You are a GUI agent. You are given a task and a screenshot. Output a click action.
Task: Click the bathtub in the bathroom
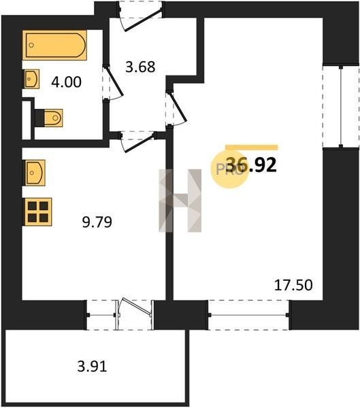(x=54, y=45)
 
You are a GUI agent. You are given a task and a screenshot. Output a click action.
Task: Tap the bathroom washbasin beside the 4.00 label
(x=32, y=79)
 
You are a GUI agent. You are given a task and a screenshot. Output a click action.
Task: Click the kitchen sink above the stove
(x=35, y=173)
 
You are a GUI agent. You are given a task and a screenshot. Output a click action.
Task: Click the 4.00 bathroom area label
(x=67, y=82)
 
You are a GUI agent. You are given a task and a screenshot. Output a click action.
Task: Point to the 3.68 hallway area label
(x=140, y=67)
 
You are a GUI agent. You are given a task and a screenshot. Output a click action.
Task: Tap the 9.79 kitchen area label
(x=97, y=222)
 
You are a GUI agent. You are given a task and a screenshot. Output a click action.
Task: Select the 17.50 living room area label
(x=293, y=285)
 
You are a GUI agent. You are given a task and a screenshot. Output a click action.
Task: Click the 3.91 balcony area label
(x=93, y=367)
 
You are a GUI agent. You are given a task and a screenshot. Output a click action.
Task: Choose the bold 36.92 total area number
(x=251, y=165)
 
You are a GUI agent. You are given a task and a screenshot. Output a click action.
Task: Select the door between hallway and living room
(x=178, y=107)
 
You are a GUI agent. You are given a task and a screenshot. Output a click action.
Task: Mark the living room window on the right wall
(x=341, y=106)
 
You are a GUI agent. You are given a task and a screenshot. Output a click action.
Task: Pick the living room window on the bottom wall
(x=248, y=315)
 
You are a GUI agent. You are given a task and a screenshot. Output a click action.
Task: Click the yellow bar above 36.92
(x=252, y=148)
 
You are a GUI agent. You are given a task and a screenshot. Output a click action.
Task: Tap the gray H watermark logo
(x=180, y=201)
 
